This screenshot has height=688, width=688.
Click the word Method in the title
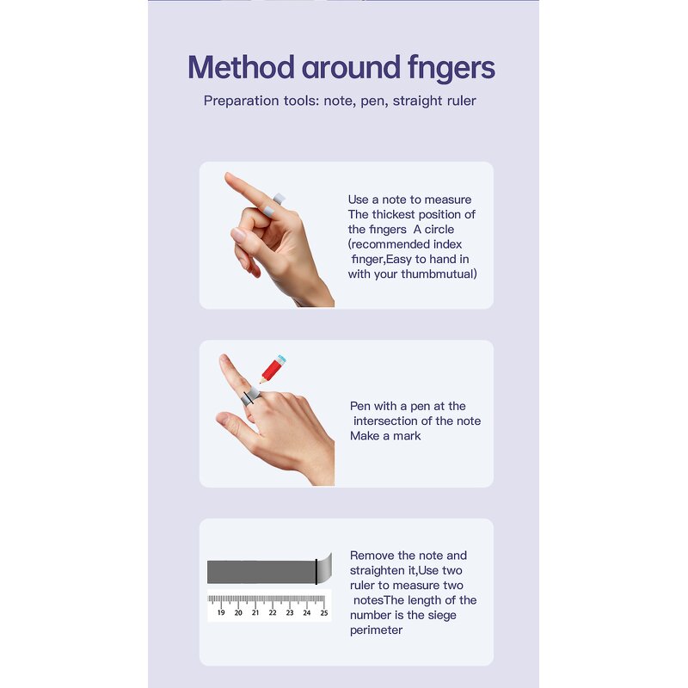click(241, 68)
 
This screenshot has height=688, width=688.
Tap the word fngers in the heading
click(451, 69)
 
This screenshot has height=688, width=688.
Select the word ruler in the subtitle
click(462, 101)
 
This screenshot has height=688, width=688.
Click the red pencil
click(273, 369)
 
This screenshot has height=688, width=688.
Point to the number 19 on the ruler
click(221, 612)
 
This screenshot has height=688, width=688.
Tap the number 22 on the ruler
click(273, 612)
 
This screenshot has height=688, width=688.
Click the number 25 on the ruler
click(324, 612)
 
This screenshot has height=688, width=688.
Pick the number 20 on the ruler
click(238, 612)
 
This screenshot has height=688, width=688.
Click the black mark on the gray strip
click(316, 572)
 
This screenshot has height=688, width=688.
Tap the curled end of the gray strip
click(325, 568)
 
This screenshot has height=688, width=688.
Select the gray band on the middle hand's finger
click(250, 397)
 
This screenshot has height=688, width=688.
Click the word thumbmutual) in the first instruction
click(439, 274)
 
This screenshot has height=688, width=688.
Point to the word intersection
click(393, 421)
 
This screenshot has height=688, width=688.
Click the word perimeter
click(376, 630)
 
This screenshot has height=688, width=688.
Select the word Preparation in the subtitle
click(242, 101)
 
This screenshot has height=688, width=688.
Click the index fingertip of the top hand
click(228, 176)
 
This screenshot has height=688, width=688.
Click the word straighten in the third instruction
click(375, 571)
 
